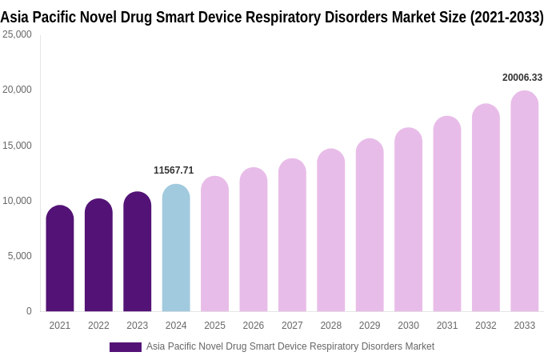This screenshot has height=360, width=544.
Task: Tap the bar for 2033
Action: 524,202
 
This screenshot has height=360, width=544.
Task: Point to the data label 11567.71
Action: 174,170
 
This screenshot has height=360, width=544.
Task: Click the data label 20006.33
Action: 522,78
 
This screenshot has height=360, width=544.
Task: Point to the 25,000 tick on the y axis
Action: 17,34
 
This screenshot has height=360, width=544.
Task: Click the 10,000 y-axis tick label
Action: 17,201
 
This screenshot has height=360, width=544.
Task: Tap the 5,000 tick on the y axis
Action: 19,256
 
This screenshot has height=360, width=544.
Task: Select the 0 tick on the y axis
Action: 29,311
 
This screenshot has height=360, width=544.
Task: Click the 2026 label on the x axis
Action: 253,326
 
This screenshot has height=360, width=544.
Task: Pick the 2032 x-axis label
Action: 486,326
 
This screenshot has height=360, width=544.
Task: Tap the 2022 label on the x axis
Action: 98,326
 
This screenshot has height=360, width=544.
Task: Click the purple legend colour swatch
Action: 126,347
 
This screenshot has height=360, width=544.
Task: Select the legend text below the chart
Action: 290,346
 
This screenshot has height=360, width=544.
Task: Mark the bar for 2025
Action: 214,244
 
